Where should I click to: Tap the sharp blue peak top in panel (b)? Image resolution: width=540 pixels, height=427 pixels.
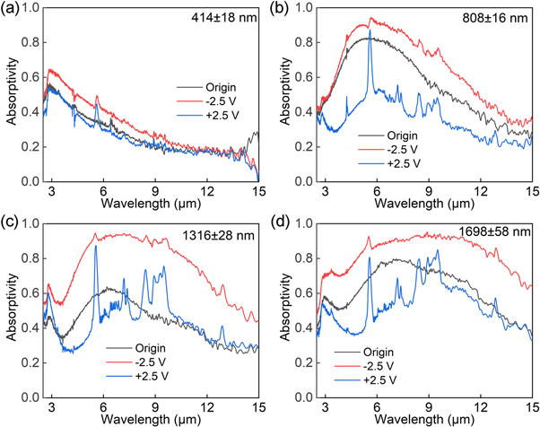[370, 38]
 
